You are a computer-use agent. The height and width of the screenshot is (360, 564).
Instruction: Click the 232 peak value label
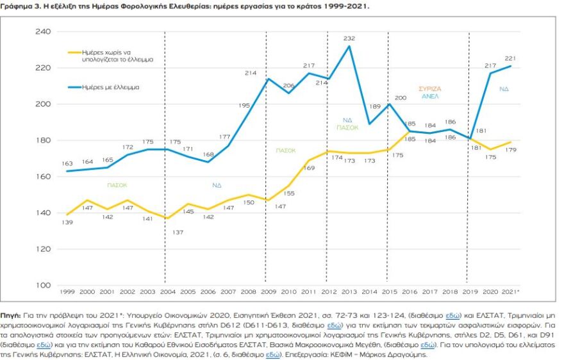tap(349, 39)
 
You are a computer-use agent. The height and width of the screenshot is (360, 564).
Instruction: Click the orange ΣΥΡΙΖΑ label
tap(429, 88)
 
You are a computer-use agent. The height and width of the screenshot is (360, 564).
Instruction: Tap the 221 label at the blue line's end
tap(510, 59)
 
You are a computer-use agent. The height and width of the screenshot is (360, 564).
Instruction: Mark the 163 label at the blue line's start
tap(67, 165)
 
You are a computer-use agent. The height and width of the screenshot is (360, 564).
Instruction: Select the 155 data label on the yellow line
tap(288, 193)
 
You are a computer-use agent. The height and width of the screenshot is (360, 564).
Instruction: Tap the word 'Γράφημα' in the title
tap(17, 5)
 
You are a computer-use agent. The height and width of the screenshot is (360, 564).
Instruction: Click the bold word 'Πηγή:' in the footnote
tap(12, 316)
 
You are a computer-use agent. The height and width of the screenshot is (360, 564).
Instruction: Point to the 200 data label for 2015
tap(401, 98)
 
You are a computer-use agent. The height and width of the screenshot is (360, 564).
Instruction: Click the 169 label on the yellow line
tap(309, 168)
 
